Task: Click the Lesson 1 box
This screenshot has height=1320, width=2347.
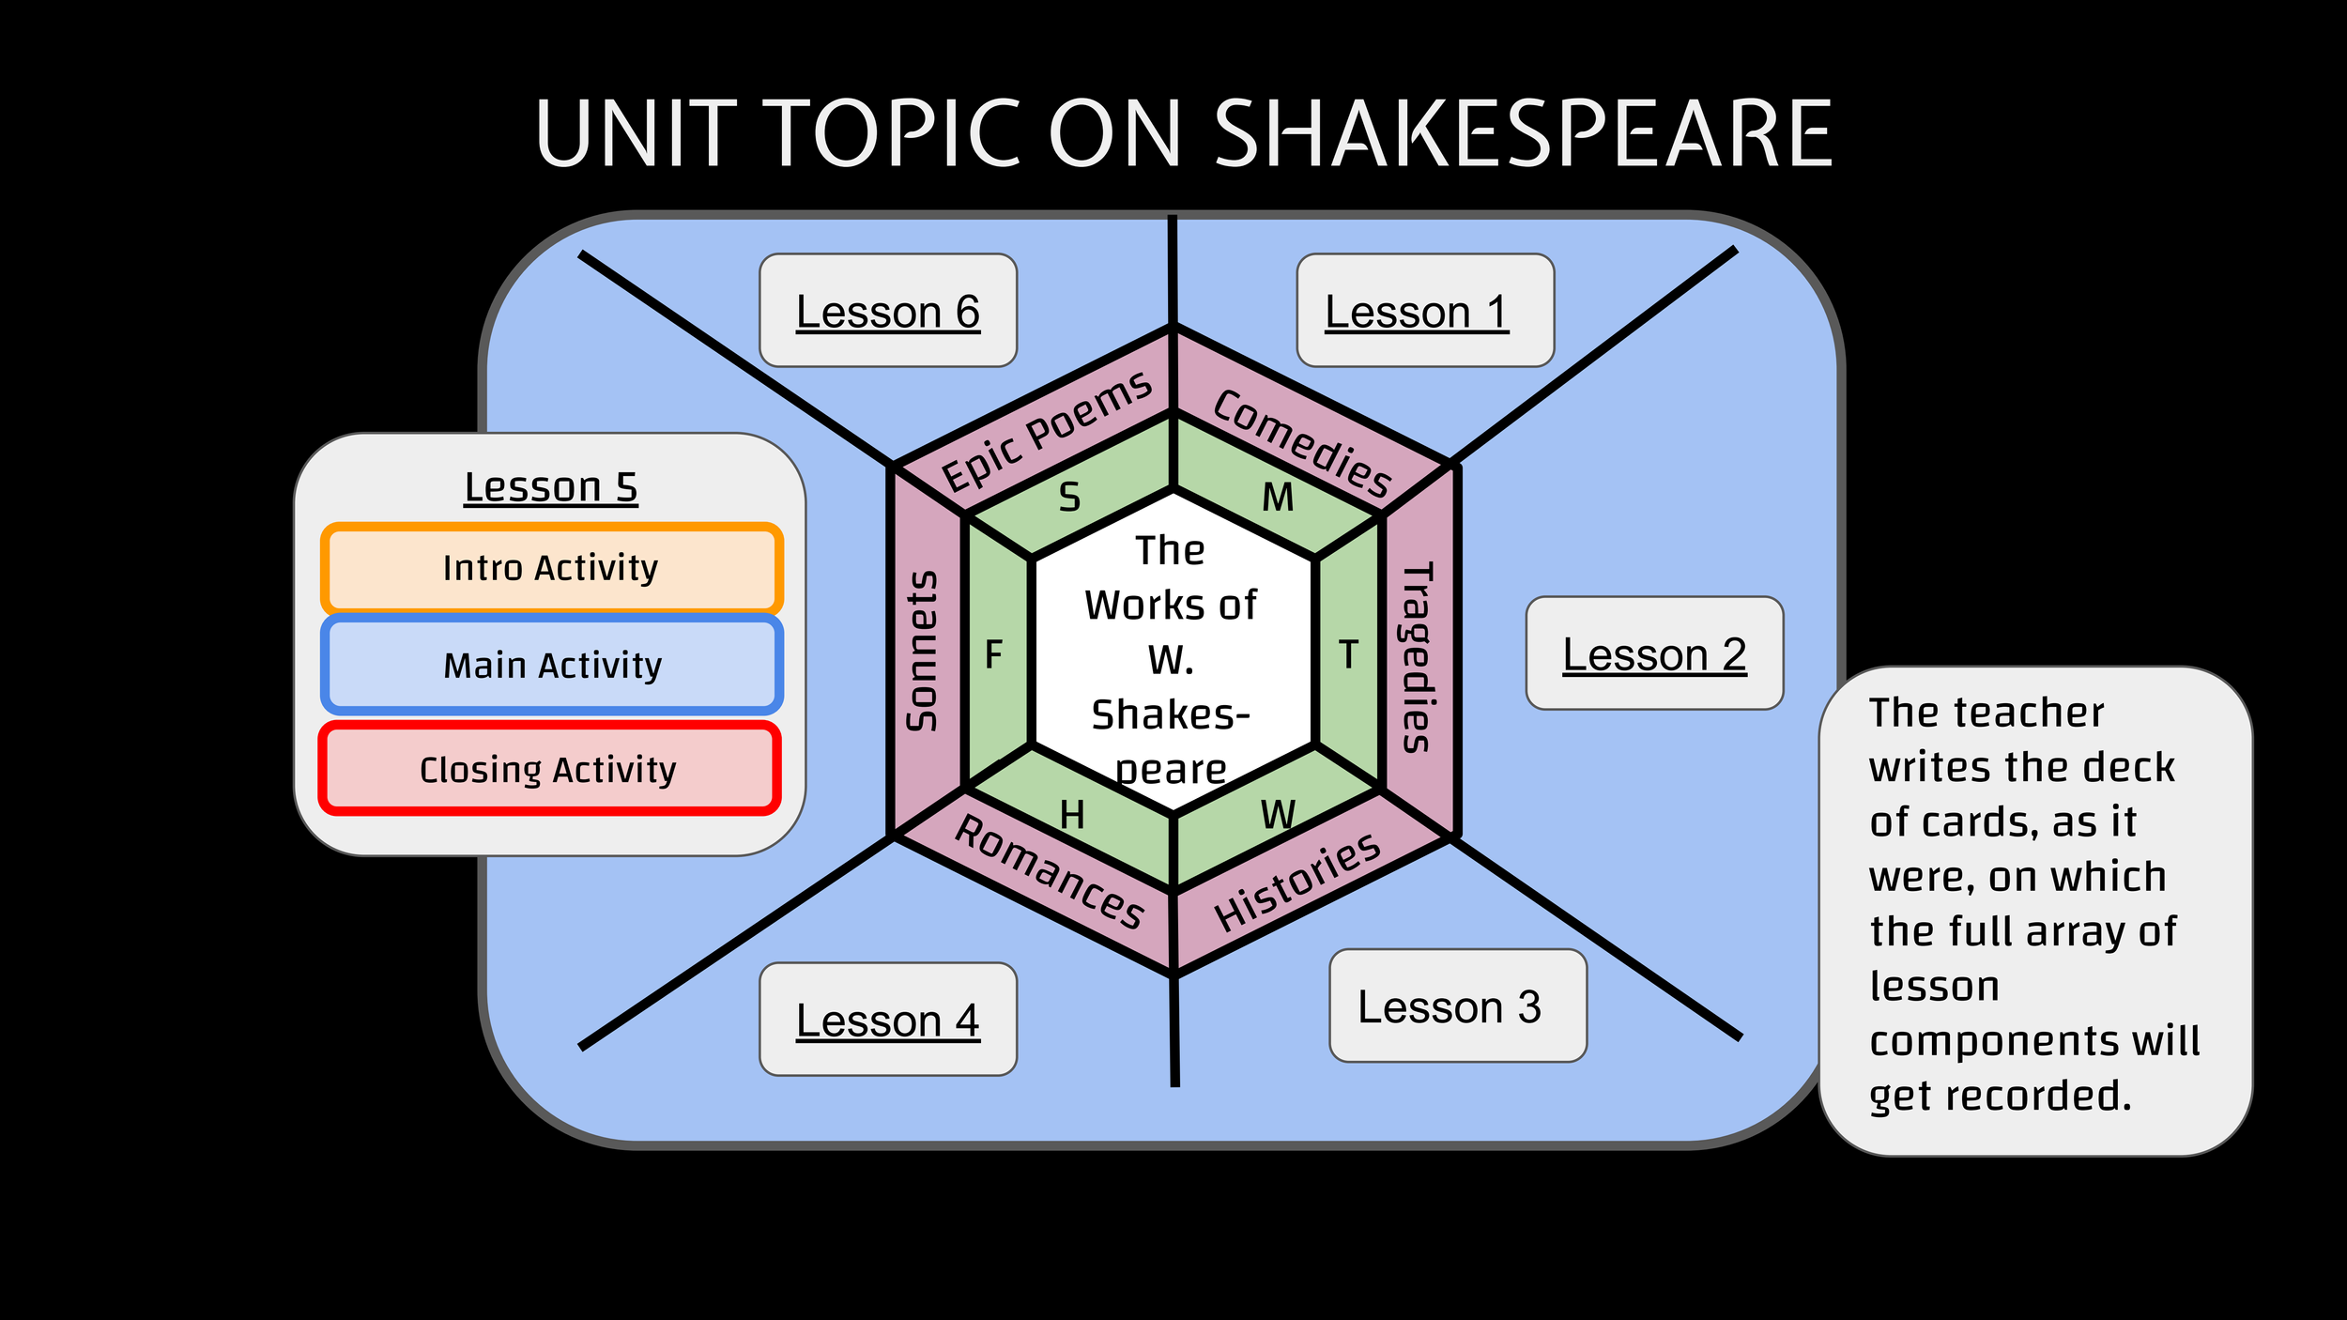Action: tap(1425, 310)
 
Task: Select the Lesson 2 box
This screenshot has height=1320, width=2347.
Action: tap(1654, 653)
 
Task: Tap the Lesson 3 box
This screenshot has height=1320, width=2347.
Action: tap(1458, 1005)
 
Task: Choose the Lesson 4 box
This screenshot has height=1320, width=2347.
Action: tap(888, 1020)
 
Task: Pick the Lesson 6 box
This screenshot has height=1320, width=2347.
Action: tap(888, 310)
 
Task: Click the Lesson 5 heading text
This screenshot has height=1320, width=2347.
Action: tap(551, 487)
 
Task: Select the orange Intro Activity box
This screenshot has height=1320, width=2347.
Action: tap(551, 568)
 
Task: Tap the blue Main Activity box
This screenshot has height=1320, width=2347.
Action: tap(552, 666)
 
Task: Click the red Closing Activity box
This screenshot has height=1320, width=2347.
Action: tap(549, 770)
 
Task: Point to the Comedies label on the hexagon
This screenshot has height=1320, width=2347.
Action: tap(1302, 444)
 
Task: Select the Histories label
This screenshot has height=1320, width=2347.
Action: tap(1297, 883)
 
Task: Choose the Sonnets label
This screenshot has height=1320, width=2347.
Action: tap(922, 651)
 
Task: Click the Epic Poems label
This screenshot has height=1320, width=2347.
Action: tap(1047, 431)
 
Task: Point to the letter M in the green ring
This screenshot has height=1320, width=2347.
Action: tap(1278, 498)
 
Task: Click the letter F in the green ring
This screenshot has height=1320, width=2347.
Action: tap(994, 654)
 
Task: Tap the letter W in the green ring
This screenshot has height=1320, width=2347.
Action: tap(1279, 815)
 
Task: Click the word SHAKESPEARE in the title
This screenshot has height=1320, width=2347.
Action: tap(1523, 134)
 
